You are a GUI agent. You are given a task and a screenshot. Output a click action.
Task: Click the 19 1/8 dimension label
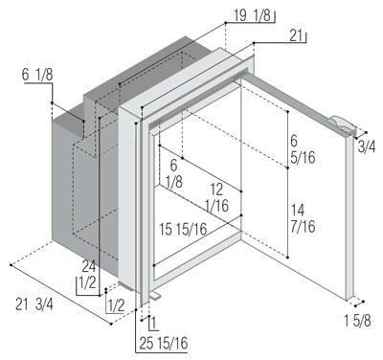tap(252, 16)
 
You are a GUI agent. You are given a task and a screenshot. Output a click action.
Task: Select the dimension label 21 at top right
tap(296, 36)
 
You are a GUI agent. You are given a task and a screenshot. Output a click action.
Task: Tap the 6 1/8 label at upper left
tap(37, 75)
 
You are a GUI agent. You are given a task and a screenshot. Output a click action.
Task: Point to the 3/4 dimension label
tap(367, 147)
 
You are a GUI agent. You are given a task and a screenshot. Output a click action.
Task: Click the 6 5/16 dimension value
tap(303, 149)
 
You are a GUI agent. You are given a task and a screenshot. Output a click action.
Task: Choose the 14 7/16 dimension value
tap(303, 218)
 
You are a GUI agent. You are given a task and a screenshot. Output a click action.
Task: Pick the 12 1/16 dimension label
tap(217, 198)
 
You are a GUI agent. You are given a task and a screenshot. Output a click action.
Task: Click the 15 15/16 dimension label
tap(183, 229)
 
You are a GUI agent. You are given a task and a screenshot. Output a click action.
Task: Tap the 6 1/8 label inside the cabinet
tap(174, 174)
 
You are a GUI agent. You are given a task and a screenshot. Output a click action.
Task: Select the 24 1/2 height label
tap(88, 275)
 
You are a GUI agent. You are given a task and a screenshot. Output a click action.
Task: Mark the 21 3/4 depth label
tap(34, 304)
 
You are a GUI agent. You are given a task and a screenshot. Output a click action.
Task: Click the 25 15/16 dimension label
tap(164, 344)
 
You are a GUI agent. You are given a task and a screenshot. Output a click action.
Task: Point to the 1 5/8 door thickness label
tap(357, 321)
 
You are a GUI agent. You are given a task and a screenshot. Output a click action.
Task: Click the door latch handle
tap(342, 124)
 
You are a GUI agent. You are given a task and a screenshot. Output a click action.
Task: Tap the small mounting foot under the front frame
tap(155, 296)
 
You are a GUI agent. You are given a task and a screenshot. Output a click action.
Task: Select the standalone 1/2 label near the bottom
tap(116, 306)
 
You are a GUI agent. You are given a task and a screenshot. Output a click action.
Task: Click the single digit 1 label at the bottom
tap(154, 324)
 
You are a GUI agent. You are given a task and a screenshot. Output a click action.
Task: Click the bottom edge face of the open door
tap(350, 297)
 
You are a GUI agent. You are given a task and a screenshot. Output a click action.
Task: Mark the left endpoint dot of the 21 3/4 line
tap(11, 265)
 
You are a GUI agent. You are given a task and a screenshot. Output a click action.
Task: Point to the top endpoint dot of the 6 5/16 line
tap(287, 112)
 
